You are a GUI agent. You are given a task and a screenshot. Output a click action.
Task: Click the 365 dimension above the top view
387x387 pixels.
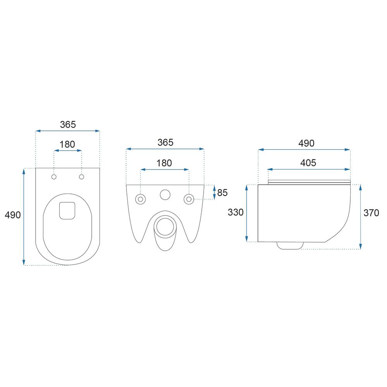click(68, 125)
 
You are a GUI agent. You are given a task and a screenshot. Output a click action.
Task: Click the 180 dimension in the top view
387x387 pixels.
click(67, 144)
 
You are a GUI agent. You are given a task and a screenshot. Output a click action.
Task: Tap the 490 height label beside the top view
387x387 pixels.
click(13, 215)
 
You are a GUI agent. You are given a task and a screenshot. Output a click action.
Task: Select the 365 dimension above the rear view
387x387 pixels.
click(165, 142)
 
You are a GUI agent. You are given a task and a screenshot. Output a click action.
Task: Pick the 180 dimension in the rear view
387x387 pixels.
click(164, 163)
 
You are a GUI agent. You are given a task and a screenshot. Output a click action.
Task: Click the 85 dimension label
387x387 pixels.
click(223, 192)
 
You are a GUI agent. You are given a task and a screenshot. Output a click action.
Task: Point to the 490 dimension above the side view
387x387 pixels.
click(306, 143)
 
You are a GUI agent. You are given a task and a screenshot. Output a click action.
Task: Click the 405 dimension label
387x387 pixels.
click(308, 163)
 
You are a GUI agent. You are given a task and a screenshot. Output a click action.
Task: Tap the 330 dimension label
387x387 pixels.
click(236, 212)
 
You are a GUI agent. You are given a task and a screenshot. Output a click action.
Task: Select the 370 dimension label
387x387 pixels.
click(371, 213)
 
